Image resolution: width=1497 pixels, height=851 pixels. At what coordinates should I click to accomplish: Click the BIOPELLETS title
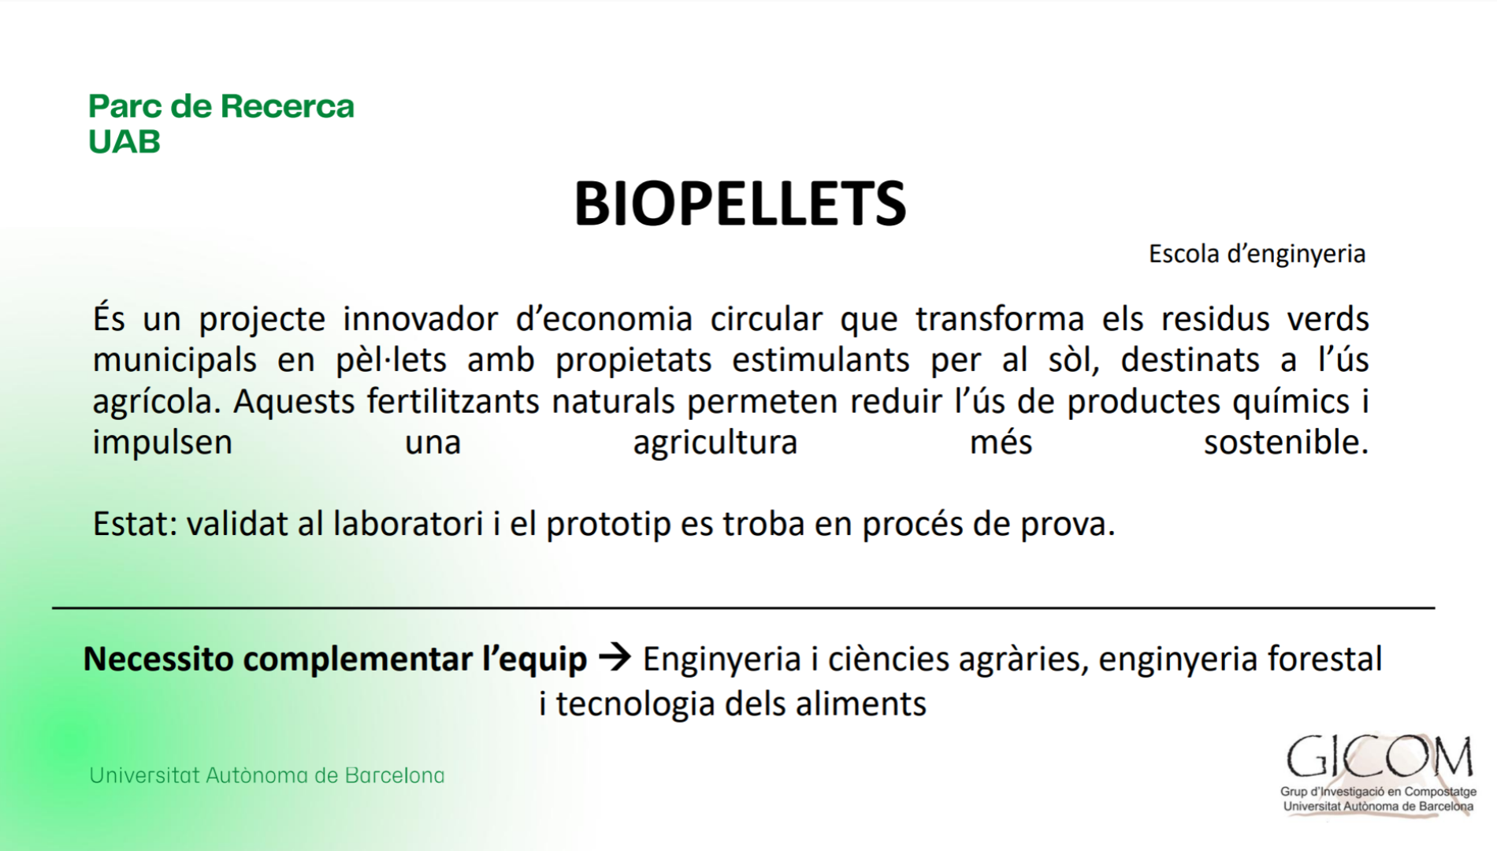pyautogui.click(x=740, y=203)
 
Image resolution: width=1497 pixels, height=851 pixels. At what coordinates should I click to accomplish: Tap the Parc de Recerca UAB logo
pyautogui.click(x=221, y=124)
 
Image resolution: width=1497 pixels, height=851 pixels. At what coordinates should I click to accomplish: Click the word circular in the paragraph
pyautogui.click(x=767, y=319)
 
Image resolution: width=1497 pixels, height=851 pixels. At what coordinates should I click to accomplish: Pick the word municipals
pyautogui.click(x=175, y=361)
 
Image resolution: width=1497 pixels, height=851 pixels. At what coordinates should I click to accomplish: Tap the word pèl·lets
pyautogui.click(x=392, y=360)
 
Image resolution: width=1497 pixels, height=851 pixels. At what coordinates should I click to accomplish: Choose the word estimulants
pyautogui.click(x=821, y=360)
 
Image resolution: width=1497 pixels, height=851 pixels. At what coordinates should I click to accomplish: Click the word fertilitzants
pyautogui.click(x=453, y=402)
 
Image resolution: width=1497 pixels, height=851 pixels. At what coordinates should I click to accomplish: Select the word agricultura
pyautogui.click(x=715, y=443)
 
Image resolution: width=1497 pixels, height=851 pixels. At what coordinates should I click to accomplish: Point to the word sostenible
pyautogui.click(x=1286, y=443)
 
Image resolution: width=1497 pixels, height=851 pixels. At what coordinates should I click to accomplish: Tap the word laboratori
pyautogui.click(x=408, y=524)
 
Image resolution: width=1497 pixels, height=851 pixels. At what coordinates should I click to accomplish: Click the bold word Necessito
pyautogui.click(x=158, y=660)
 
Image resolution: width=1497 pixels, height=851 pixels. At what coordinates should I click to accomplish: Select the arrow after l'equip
pyautogui.click(x=615, y=657)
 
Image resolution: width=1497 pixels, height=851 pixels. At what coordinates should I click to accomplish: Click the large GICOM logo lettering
pyautogui.click(x=1380, y=757)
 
